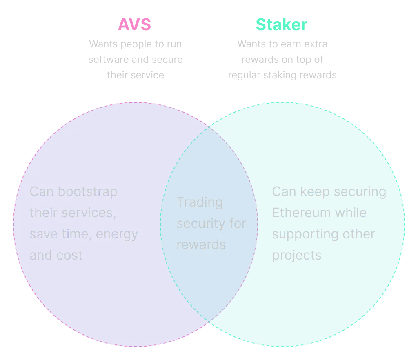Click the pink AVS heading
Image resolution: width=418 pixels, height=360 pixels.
[135, 25]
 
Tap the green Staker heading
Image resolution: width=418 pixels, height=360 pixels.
[282, 25]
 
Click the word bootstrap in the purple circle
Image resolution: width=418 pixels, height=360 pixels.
[88, 192]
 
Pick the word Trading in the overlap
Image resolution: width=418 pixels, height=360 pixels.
[200, 202]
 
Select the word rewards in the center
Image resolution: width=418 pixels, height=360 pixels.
[201, 244]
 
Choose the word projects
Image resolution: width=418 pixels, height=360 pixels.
[297, 256]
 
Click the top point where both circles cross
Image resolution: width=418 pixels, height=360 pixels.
[209, 127]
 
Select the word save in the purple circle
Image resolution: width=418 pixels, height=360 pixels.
[43, 234]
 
